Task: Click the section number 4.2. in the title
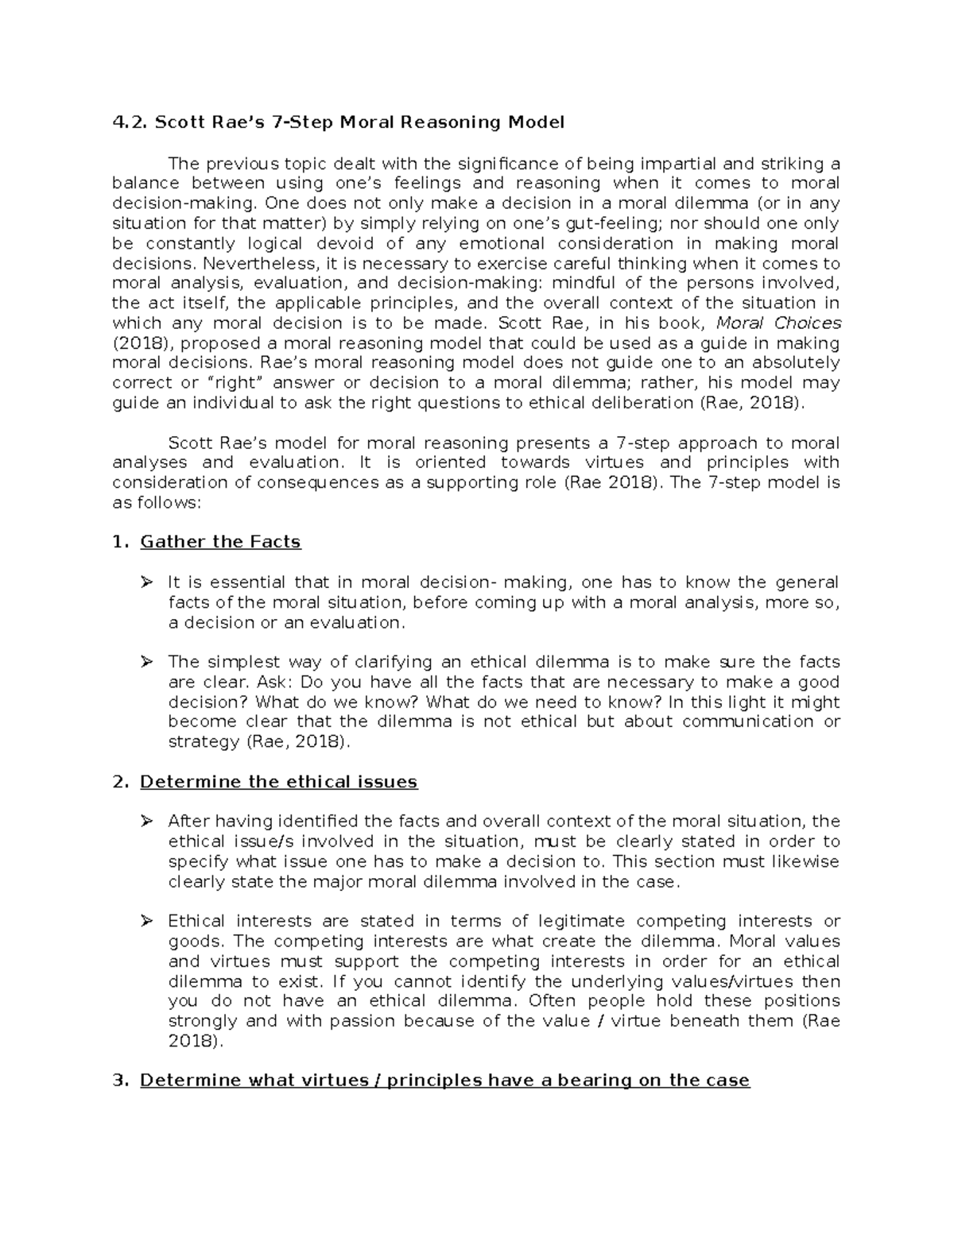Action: pos(129,122)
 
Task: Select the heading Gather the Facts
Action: pos(220,542)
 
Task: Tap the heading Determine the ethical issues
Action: pos(278,782)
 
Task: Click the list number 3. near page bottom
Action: pos(121,1081)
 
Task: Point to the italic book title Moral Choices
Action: pos(778,323)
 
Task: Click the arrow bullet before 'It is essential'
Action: pos(146,582)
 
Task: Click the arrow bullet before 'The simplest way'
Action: pos(146,663)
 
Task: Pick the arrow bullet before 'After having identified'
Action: pos(146,822)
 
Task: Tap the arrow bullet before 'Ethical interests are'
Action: pos(146,922)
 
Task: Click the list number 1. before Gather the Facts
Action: pos(121,542)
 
